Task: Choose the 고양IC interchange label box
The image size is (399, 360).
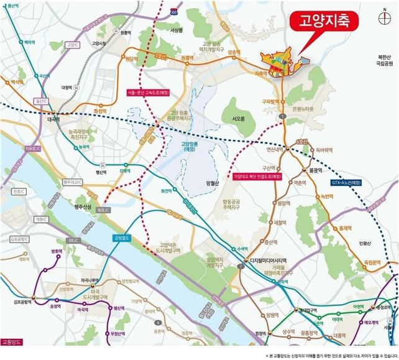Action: (x=73, y=45)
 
